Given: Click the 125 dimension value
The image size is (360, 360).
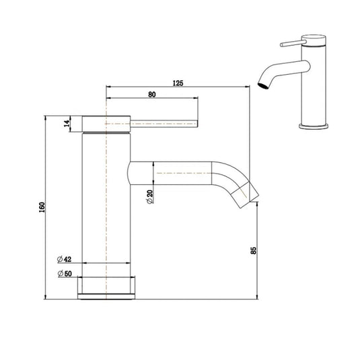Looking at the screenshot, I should click(178, 83).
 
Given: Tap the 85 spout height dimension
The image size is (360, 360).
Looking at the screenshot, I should click(253, 251).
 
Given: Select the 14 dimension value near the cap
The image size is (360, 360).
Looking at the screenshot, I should click(67, 124).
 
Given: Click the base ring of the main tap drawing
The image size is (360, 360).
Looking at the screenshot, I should click(108, 285).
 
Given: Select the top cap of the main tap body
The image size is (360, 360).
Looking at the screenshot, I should click(106, 124).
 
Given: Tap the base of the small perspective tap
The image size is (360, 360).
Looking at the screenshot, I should click(314, 125).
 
